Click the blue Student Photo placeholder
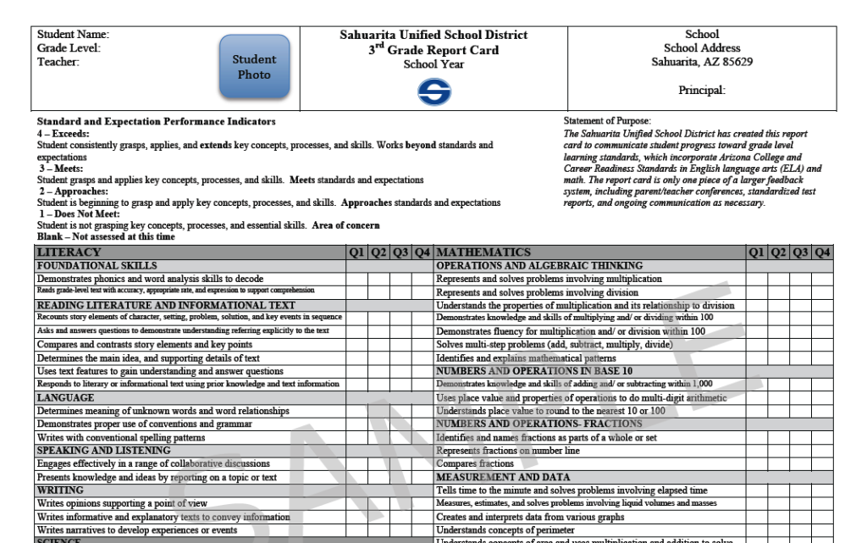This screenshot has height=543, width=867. [254, 67]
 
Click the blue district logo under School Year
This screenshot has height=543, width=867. [433, 91]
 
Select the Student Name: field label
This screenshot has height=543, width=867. [73, 35]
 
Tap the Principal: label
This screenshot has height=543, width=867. [701, 90]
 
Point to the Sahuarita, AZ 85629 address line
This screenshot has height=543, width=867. [701, 62]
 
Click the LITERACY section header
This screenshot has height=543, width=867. [69, 252]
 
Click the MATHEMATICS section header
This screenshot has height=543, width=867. [483, 252]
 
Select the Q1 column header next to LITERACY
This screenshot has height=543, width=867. [356, 252]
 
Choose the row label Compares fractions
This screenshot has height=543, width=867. [475, 464]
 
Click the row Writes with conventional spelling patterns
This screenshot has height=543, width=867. [121, 438]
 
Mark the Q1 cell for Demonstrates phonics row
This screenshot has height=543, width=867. [356, 279]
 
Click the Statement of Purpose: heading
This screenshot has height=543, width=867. [607, 122]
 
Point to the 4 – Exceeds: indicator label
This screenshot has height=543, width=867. [64, 134]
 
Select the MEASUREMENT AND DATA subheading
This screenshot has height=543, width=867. [503, 477]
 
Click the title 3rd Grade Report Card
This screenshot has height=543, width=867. [433, 50]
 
